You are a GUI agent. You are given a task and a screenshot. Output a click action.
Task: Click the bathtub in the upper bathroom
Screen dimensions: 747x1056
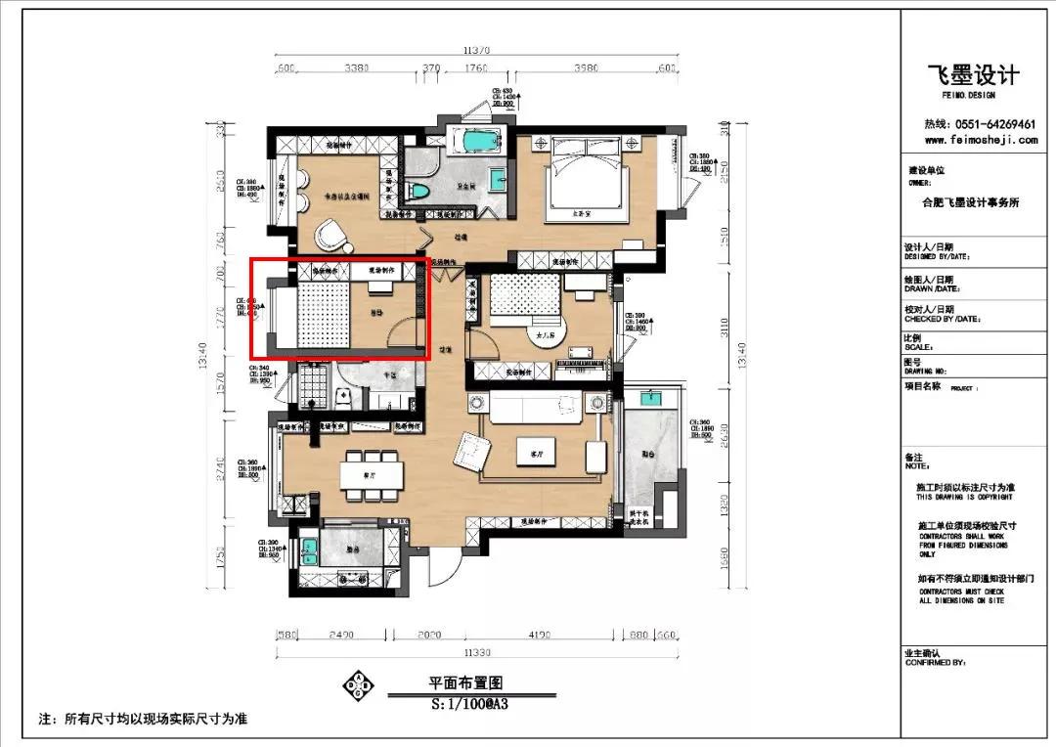[x=476, y=141]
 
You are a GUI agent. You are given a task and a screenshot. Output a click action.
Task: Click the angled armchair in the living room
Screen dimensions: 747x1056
[x=470, y=451]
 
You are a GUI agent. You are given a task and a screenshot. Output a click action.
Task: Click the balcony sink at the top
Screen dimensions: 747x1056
[x=648, y=398]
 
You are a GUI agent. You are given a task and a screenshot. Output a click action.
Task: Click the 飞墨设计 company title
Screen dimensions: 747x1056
[x=973, y=76]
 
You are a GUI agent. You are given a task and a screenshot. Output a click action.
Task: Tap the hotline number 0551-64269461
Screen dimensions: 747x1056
[x=980, y=124]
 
